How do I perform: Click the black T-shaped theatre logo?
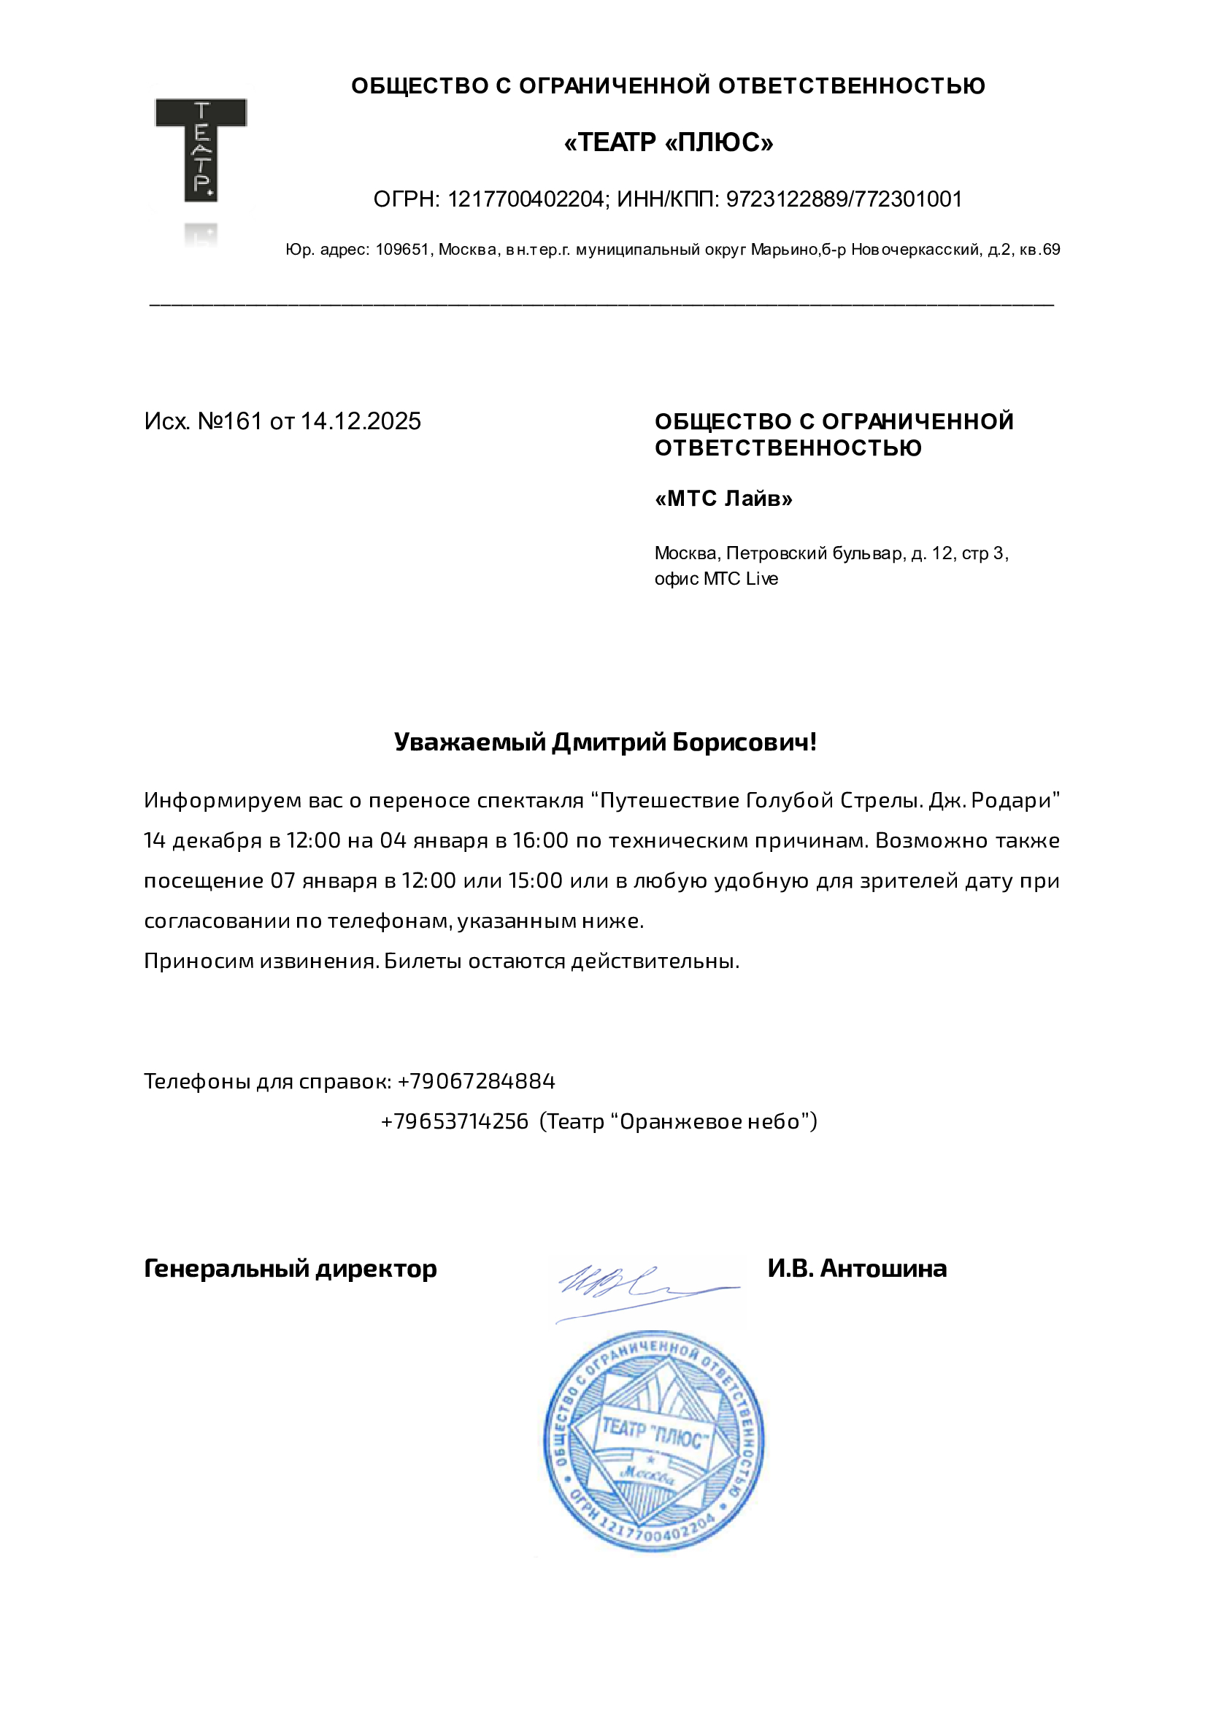[200, 149]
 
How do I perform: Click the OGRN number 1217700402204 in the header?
[526, 199]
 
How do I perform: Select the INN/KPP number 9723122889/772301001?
[844, 199]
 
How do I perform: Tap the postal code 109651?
[402, 250]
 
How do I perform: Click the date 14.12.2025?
[361, 421]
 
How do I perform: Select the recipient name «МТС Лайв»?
[723, 499]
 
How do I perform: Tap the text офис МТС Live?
[716, 579]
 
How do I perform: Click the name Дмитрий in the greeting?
[608, 742]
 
